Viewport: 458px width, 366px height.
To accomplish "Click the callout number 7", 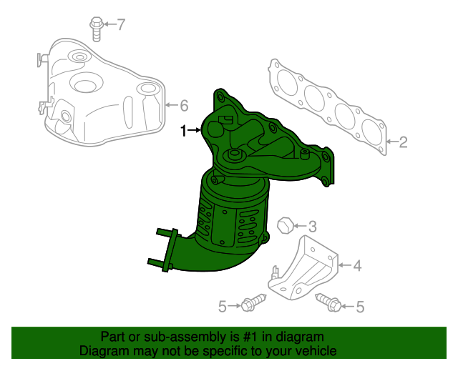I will coord(121,25).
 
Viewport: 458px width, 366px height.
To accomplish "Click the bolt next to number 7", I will coord(96,26).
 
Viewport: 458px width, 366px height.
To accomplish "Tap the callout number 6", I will coord(184,107).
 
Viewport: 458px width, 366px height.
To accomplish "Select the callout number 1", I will coord(183,131).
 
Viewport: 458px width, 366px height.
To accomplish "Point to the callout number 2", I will coord(403,142).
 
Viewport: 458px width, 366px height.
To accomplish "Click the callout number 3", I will coord(312,225).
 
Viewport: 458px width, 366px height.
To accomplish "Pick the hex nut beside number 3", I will coord(284,224).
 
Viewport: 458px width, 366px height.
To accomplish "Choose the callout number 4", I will coord(357,267).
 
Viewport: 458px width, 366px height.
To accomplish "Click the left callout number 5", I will coord(223,307).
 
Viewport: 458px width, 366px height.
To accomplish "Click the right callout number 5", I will coord(360,307).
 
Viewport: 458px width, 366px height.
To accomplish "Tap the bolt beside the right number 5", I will coord(329,304).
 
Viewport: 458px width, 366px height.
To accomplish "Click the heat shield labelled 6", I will coord(100,93).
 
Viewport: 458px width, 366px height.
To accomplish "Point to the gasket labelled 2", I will coord(329,107).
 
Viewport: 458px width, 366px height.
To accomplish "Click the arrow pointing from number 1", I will coord(195,131).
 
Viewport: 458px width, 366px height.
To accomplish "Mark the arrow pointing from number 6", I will coord(171,107).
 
